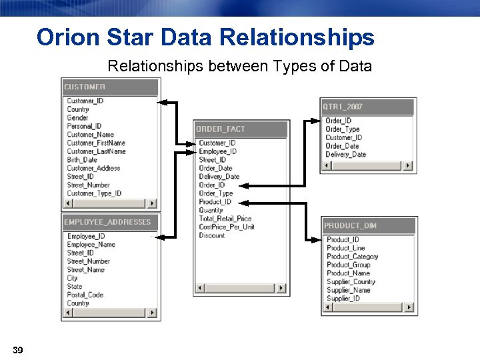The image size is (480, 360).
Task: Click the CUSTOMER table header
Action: click(85, 87)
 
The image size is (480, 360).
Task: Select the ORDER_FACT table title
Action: click(221, 129)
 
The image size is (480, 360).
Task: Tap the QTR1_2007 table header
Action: click(343, 107)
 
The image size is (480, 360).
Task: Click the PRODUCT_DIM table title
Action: click(351, 225)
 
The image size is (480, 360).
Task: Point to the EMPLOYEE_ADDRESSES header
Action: click(107, 222)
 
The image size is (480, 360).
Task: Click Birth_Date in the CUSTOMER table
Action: click(82, 160)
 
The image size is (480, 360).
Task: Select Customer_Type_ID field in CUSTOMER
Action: click(94, 193)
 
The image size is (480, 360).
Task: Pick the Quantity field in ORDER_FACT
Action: click(211, 210)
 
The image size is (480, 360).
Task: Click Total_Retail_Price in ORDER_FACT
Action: click(225, 219)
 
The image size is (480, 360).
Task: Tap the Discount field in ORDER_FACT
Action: click(212, 235)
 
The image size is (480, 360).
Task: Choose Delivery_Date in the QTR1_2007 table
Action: click(345, 155)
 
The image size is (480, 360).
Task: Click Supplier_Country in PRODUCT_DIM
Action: click(351, 281)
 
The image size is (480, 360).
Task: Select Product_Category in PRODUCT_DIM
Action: click(352, 257)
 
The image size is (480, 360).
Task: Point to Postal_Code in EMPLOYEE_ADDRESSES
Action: click(85, 295)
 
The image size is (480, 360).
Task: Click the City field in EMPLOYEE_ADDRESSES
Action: click(73, 278)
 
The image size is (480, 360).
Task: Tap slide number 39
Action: click(18, 351)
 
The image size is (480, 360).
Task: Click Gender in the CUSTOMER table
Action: click(77, 118)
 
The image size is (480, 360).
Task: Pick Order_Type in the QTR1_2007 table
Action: click(342, 129)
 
